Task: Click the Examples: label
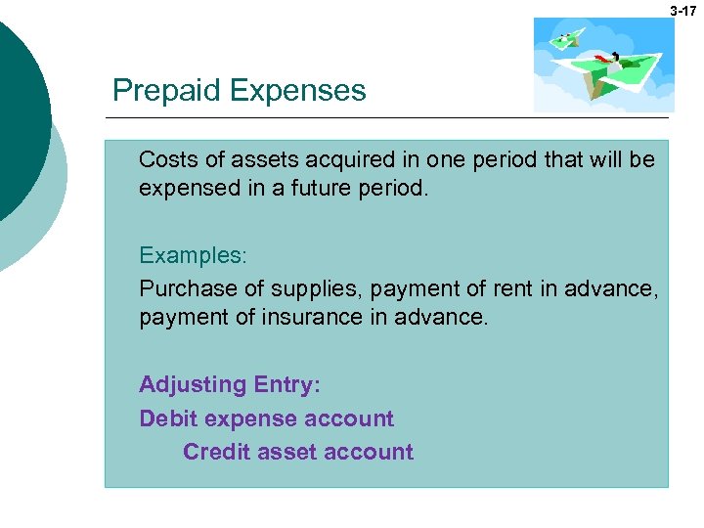coord(194,255)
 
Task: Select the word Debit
coord(168,418)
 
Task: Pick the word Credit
coord(215,452)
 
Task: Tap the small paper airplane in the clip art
coord(566,40)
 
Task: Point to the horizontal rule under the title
coord(391,117)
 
